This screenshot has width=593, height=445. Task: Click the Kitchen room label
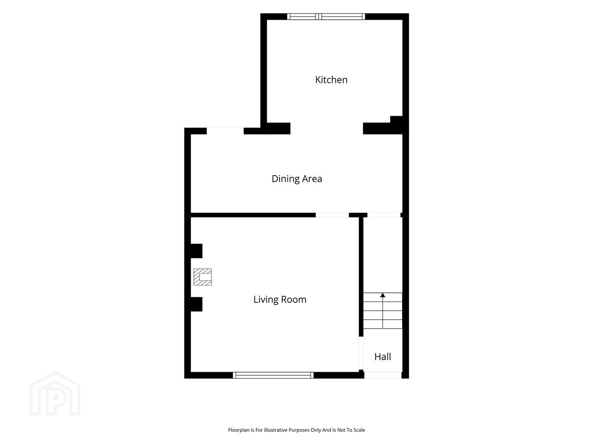point(331,80)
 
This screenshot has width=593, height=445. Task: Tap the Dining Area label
point(296,179)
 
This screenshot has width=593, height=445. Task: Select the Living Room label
point(280,300)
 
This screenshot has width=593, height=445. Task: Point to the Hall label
point(383,357)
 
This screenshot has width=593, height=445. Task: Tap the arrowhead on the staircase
point(383,295)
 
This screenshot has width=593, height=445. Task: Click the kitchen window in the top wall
point(326,16)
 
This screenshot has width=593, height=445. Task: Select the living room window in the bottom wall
point(273,375)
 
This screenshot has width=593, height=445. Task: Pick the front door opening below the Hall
point(383,375)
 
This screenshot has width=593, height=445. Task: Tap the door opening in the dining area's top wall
point(225,131)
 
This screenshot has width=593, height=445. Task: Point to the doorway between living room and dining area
point(332,215)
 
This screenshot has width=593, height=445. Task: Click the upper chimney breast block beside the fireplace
point(196,251)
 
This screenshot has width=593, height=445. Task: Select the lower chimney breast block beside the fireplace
point(196,304)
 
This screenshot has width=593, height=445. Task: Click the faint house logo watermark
point(55,393)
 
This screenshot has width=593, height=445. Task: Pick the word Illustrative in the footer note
point(275,430)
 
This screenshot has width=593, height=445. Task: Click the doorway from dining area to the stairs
point(384,215)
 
